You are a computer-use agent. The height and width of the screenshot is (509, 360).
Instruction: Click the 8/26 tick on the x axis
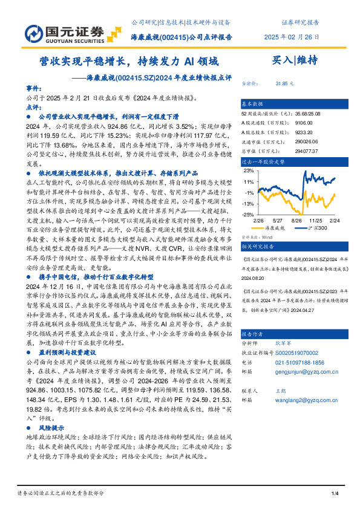point(296,221)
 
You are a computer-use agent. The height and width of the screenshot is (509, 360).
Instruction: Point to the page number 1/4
point(334,495)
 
